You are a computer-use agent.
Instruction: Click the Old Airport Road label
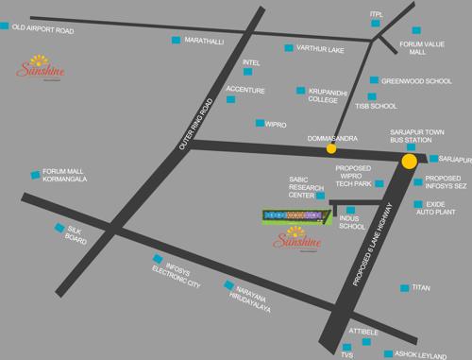tap(42, 29)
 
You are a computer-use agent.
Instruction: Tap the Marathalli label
tap(203, 42)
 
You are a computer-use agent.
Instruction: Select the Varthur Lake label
tap(321, 48)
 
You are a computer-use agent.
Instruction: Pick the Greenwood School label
tap(416, 81)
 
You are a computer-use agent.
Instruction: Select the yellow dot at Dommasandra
tap(330, 148)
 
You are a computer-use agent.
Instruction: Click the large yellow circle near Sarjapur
tap(409, 162)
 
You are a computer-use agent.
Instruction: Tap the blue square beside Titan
tap(404, 287)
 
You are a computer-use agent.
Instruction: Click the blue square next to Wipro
tap(260, 123)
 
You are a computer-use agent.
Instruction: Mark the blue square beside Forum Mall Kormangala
tap(36, 174)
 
